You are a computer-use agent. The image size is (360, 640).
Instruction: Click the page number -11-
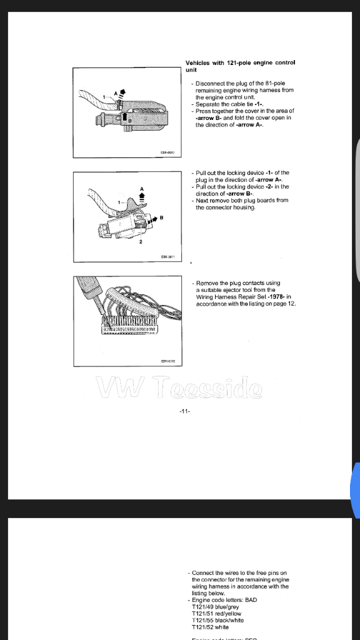184,411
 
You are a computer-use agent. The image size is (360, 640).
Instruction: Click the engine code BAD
251,600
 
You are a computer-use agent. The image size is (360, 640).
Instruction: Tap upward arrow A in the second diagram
142,194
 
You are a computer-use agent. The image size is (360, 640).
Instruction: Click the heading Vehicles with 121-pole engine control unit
240,66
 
